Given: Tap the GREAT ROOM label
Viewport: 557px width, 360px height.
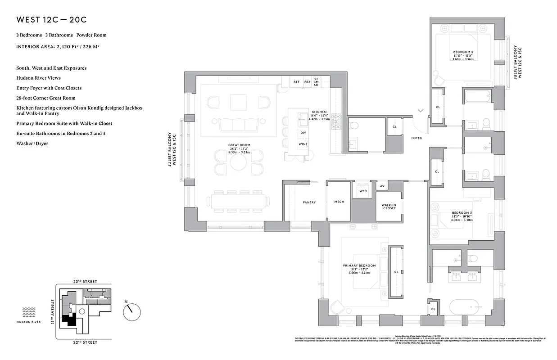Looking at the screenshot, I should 239,145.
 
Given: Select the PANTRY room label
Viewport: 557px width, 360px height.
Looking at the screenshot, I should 309,202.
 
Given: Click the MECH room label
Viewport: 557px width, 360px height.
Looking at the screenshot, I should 339,202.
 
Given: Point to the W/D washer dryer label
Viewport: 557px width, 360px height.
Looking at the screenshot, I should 363,190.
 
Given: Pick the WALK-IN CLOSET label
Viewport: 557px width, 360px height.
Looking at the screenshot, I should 389,206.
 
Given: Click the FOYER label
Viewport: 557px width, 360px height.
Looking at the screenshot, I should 417,138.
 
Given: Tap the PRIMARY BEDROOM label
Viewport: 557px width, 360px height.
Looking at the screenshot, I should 359,266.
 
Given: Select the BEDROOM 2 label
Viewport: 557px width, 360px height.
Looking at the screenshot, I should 463,52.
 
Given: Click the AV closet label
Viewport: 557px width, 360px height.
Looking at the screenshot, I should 382,186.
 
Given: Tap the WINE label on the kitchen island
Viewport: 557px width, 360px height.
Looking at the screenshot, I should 303,144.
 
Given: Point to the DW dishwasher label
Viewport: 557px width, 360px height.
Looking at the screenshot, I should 303,133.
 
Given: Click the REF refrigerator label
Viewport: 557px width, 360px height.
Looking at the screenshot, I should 296,82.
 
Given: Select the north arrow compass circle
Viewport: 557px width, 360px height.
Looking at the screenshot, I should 132,310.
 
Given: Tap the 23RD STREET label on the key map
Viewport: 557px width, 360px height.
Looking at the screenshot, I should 85,281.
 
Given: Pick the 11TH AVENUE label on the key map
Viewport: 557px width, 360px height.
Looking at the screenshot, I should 53,311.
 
